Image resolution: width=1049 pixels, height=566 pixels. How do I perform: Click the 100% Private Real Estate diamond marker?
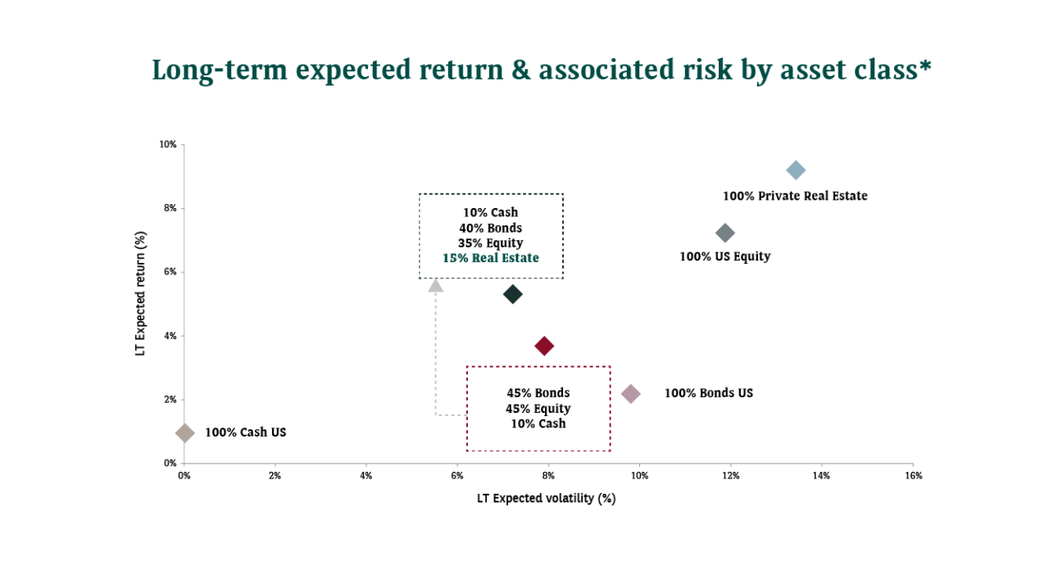pyautogui.click(x=795, y=170)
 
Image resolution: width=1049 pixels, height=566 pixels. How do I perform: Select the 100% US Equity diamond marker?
pyautogui.click(x=724, y=233)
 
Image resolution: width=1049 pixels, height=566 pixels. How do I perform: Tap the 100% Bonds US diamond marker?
pyautogui.click(x=630, y=394)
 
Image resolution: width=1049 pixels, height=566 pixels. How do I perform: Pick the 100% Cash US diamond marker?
pyautogui.click(x=185, y=432)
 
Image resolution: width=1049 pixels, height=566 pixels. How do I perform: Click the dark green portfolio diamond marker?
pyautogui.click(x=512, y=294)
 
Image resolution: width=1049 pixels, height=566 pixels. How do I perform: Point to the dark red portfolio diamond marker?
pyautogui.click(x=543, y=346)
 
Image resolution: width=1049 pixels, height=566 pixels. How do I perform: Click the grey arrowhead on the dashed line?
pyautogui.click(x=436, y=285)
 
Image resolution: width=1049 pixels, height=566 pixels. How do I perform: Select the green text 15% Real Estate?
pyautogui.click(x=491, y=258)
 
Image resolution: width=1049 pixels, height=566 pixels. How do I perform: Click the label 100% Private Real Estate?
pyautogui.click(x=794, y=197)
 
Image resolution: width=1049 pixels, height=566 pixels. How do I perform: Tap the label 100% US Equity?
pyautogui.click(x=724, y=256)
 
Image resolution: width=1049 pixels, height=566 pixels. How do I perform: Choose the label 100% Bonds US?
pyautogui.click(x=708, y=393)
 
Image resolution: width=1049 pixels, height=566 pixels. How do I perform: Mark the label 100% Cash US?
pyautogui.click(x=245, y=432)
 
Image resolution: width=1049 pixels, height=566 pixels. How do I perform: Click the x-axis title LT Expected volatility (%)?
pyautogui.click(x=546, y=498)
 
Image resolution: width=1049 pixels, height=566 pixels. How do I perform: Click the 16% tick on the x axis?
pyautogui.click(x=913, y=476)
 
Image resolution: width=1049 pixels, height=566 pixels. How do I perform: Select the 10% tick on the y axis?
pyautogui.click(x=168, y=145)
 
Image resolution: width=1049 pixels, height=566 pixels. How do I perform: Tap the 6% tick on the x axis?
pyautogui.click(x=457, y=476)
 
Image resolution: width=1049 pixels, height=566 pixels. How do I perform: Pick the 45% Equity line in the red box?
pyautogui.click(x=538, y=409)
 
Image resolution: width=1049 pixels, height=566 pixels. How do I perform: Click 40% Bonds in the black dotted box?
pyautogui.click(x=490, y=228)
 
